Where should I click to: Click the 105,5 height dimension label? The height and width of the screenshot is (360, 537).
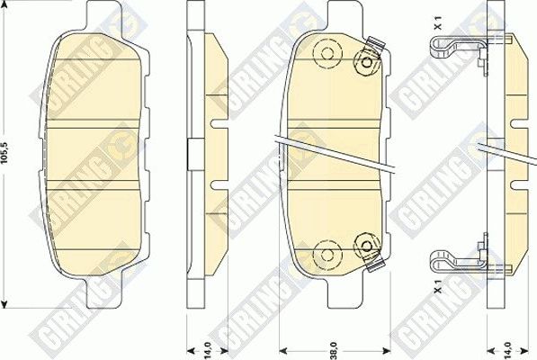pos(7,153)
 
